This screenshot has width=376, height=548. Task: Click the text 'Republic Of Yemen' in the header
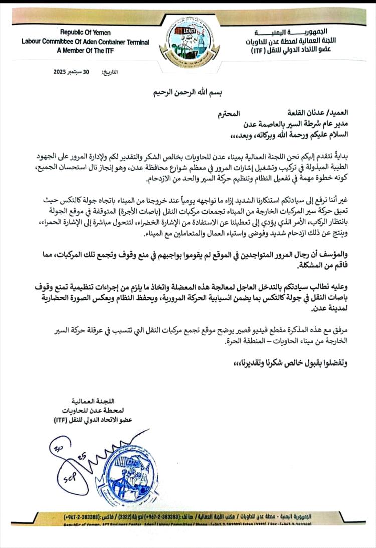coord(85,33)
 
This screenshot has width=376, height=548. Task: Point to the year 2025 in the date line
coord(63,72)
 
